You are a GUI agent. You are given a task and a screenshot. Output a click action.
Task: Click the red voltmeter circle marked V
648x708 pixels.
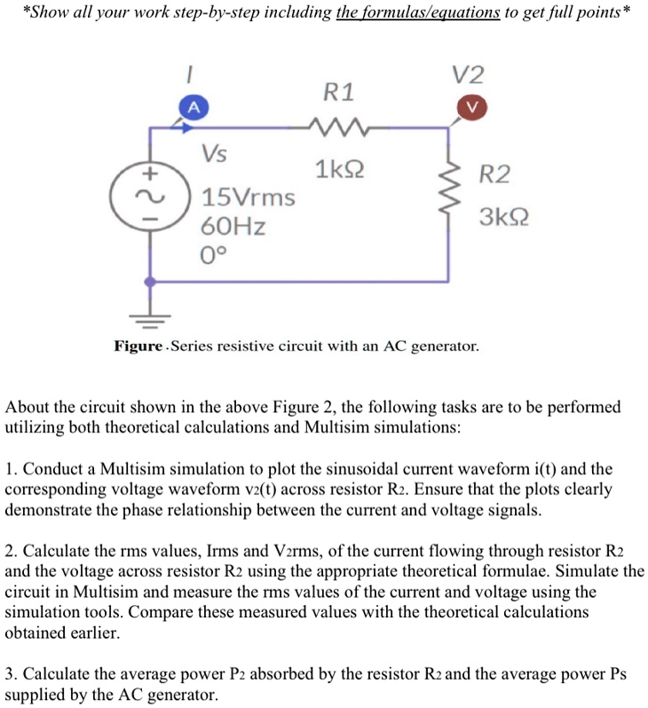pyautogui.click(x=471, y=107)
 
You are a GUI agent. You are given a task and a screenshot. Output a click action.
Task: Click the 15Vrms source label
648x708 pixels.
pyautogui.click(x=248, y=196)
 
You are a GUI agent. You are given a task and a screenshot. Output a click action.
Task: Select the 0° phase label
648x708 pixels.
pyautogui.click(x=215, y=256)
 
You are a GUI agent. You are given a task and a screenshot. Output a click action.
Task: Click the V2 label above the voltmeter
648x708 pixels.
pyautogui.click(x=470, y=73)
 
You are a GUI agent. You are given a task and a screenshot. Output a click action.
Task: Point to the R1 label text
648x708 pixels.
pyautogui.click(x=338, y=91)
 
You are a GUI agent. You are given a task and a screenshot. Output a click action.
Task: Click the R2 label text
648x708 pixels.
pyautogui.click(x=494, y=174)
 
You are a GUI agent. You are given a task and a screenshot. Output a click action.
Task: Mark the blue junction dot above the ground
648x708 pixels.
pyautogui.click(x=151, y=282)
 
